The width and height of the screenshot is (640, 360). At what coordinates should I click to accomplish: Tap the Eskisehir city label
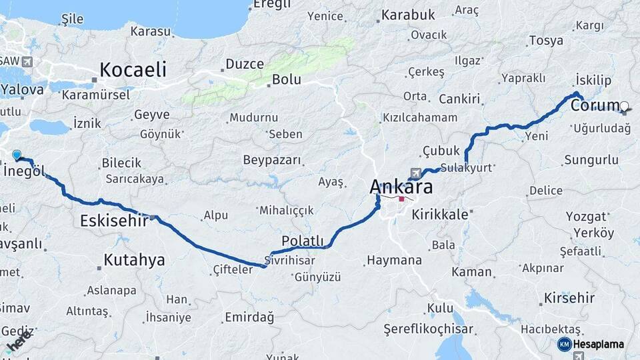click(x=113, y=221)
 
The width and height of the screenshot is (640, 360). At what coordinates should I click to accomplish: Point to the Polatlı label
click(x=303, y=241)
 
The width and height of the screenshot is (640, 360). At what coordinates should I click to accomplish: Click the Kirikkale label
click(x=441, y=215)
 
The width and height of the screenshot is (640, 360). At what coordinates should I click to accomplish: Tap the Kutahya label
click(x=134, y=260)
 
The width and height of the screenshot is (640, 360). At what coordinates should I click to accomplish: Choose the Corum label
click(x=595, y=106)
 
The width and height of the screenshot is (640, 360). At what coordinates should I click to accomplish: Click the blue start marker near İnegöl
click(x=17, y=155)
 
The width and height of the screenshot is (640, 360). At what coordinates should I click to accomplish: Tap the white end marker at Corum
click(x=624, y=105)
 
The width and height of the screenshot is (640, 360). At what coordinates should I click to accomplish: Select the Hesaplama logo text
click(x=599, y=344)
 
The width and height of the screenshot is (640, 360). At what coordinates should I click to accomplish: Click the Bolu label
click(x=286, y=80)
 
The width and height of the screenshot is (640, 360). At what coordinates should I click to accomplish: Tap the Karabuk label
click(x=409, y=15)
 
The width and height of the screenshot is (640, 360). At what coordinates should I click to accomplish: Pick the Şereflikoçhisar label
click(x=429, y=329)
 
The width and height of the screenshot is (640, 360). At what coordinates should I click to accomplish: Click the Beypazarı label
click(x=272, y=161)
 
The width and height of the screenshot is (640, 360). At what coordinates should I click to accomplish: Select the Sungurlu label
click(x=591, y=160)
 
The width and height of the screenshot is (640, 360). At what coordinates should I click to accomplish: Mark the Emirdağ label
click(x=249, y=317)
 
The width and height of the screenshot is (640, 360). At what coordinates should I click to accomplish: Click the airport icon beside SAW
click(x=27, y=62)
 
